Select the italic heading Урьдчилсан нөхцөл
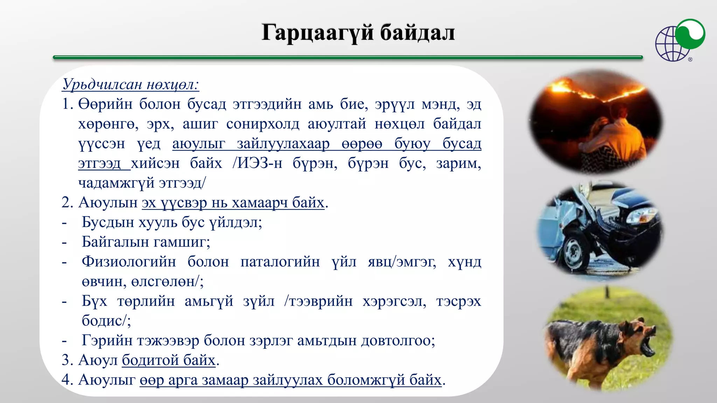point(130,84)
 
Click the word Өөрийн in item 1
point(105,104)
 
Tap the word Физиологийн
point(128,262)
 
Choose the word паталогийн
point(280,262)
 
